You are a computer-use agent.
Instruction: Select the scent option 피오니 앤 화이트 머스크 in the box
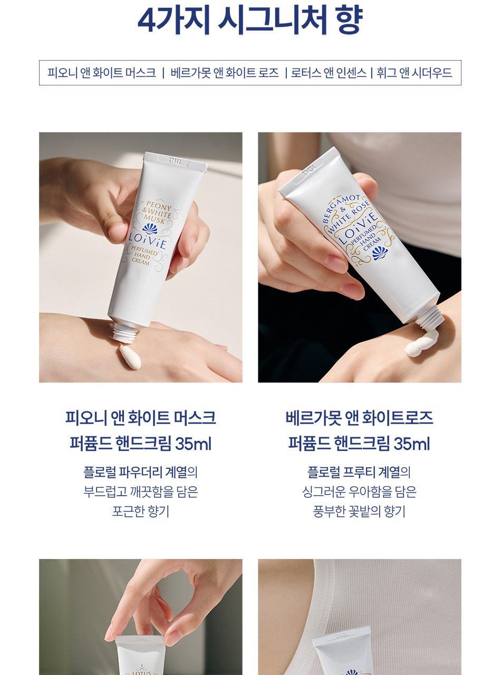102,73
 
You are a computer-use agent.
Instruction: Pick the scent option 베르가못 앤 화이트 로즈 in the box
225,73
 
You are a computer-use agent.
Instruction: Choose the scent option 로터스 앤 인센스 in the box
329,73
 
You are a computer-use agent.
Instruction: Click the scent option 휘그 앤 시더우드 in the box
415,73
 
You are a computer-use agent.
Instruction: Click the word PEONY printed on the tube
159,206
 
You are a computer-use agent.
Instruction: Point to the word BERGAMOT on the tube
341,208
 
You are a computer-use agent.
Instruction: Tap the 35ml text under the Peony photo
193,443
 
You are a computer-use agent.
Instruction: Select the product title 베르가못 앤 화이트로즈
359,418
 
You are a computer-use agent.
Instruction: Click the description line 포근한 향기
141,511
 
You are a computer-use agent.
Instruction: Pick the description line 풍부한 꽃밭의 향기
359,511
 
